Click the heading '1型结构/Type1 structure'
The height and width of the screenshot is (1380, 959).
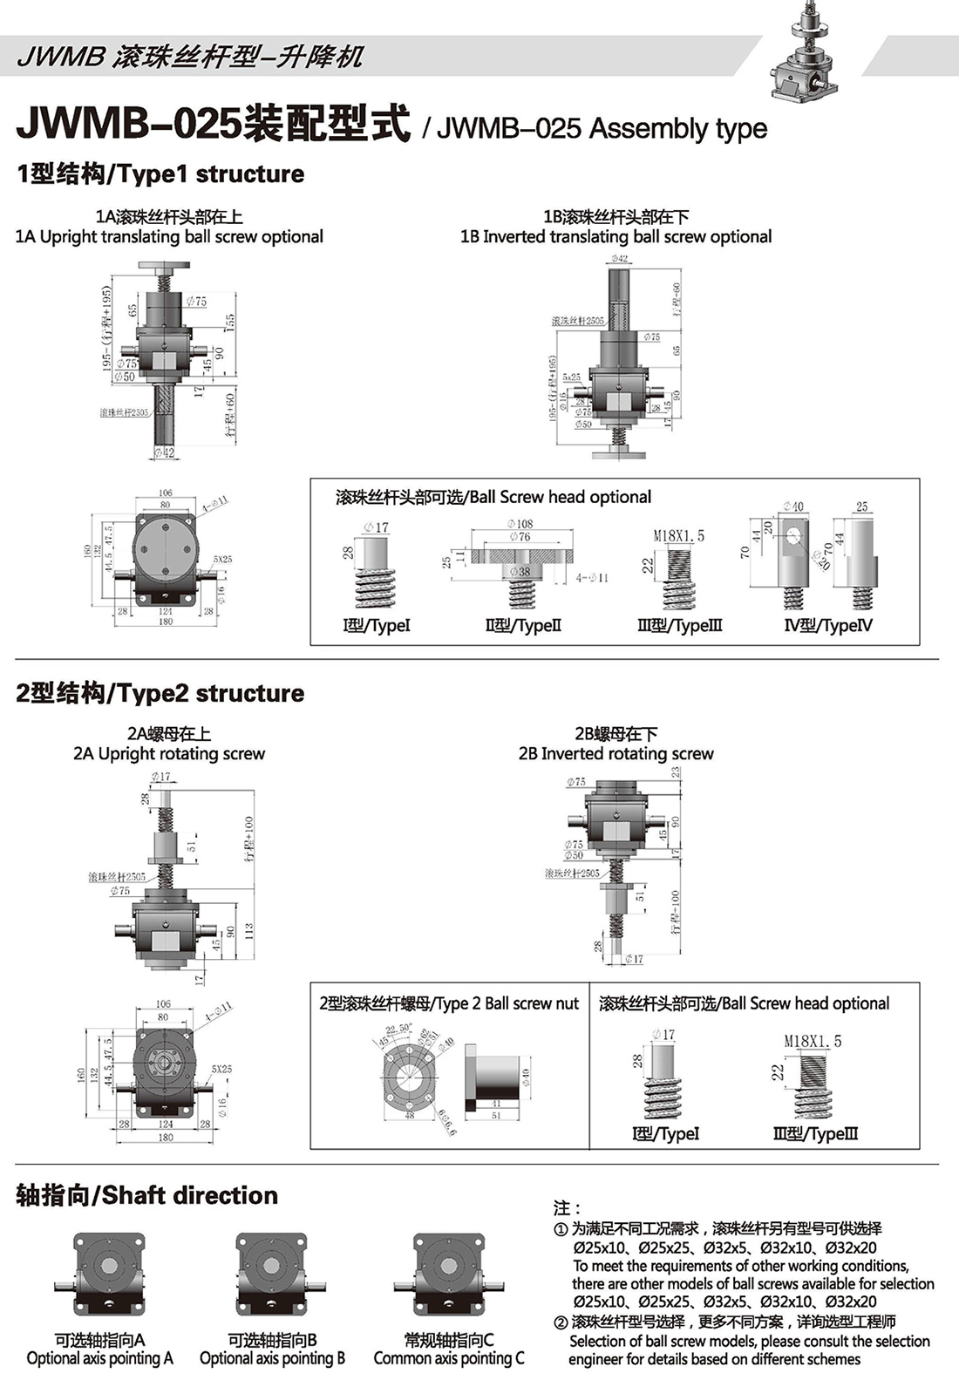(x=160, y=174)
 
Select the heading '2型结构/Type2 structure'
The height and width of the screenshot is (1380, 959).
(x=160, y=694)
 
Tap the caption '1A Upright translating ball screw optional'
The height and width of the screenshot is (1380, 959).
(x=169, y=237)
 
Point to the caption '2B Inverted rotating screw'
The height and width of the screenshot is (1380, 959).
(x=616, y=754)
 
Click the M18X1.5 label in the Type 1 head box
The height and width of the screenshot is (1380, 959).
(x=679, y=536)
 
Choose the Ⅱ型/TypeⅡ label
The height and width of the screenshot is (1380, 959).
(x=523, y=626)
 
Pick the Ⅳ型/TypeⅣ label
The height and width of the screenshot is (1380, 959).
(x=828, y=626)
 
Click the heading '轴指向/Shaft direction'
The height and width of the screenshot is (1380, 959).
(x=147, y=1196)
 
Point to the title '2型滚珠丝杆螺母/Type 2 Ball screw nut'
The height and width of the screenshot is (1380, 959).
(x=449, y=1004)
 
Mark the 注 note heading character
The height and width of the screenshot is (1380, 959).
(x=563, y=1208)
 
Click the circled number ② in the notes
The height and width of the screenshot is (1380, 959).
(x=561, y=1323)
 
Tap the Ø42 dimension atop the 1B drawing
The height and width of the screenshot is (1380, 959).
(x=619, y=259)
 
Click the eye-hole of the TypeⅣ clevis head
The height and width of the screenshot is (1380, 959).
(x=793, y=535)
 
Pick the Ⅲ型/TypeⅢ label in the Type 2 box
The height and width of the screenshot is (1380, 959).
(x=815, y=1134)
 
